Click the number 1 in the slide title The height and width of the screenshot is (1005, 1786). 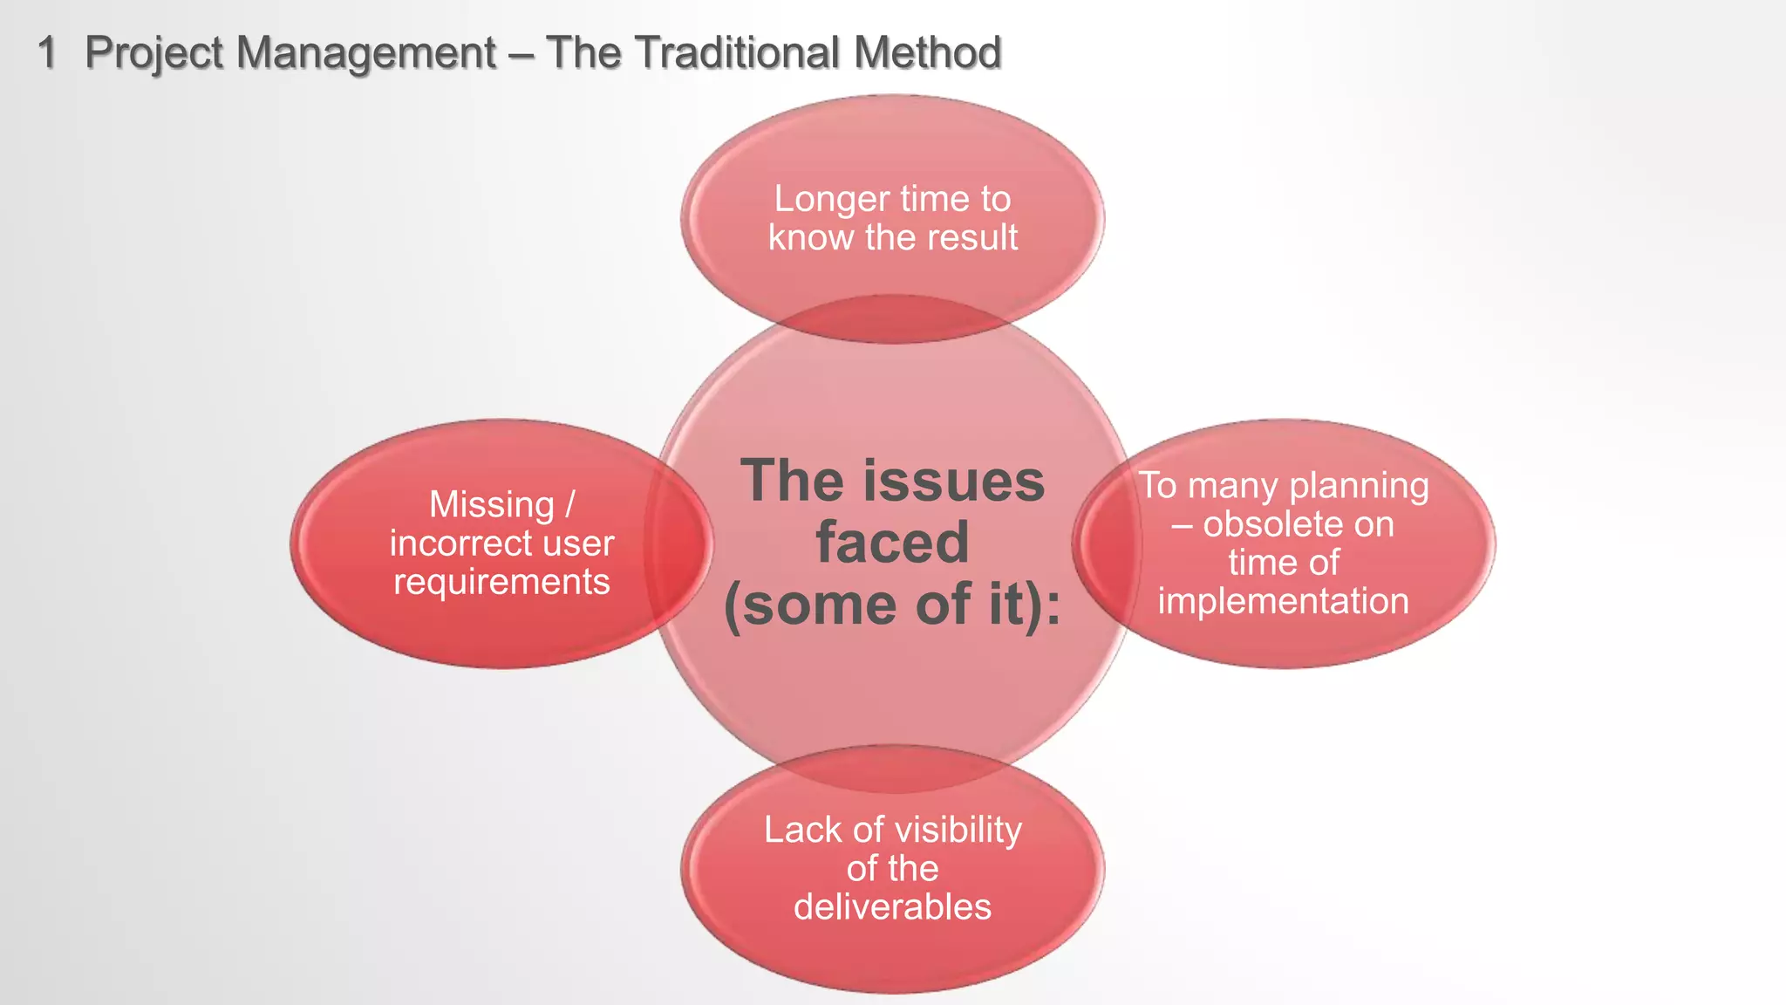47,52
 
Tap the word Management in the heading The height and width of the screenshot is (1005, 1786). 366,52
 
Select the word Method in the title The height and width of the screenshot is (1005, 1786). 927,52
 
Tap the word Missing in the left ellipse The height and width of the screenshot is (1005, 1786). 492,504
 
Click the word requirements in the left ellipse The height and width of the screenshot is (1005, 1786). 501,582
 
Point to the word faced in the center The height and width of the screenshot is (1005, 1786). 892,542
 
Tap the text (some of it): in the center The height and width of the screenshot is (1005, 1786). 892,605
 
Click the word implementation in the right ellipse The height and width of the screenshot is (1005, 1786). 1283,601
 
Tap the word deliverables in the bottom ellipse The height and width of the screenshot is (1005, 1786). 892,907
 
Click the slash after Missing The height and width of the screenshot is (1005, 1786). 570,504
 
